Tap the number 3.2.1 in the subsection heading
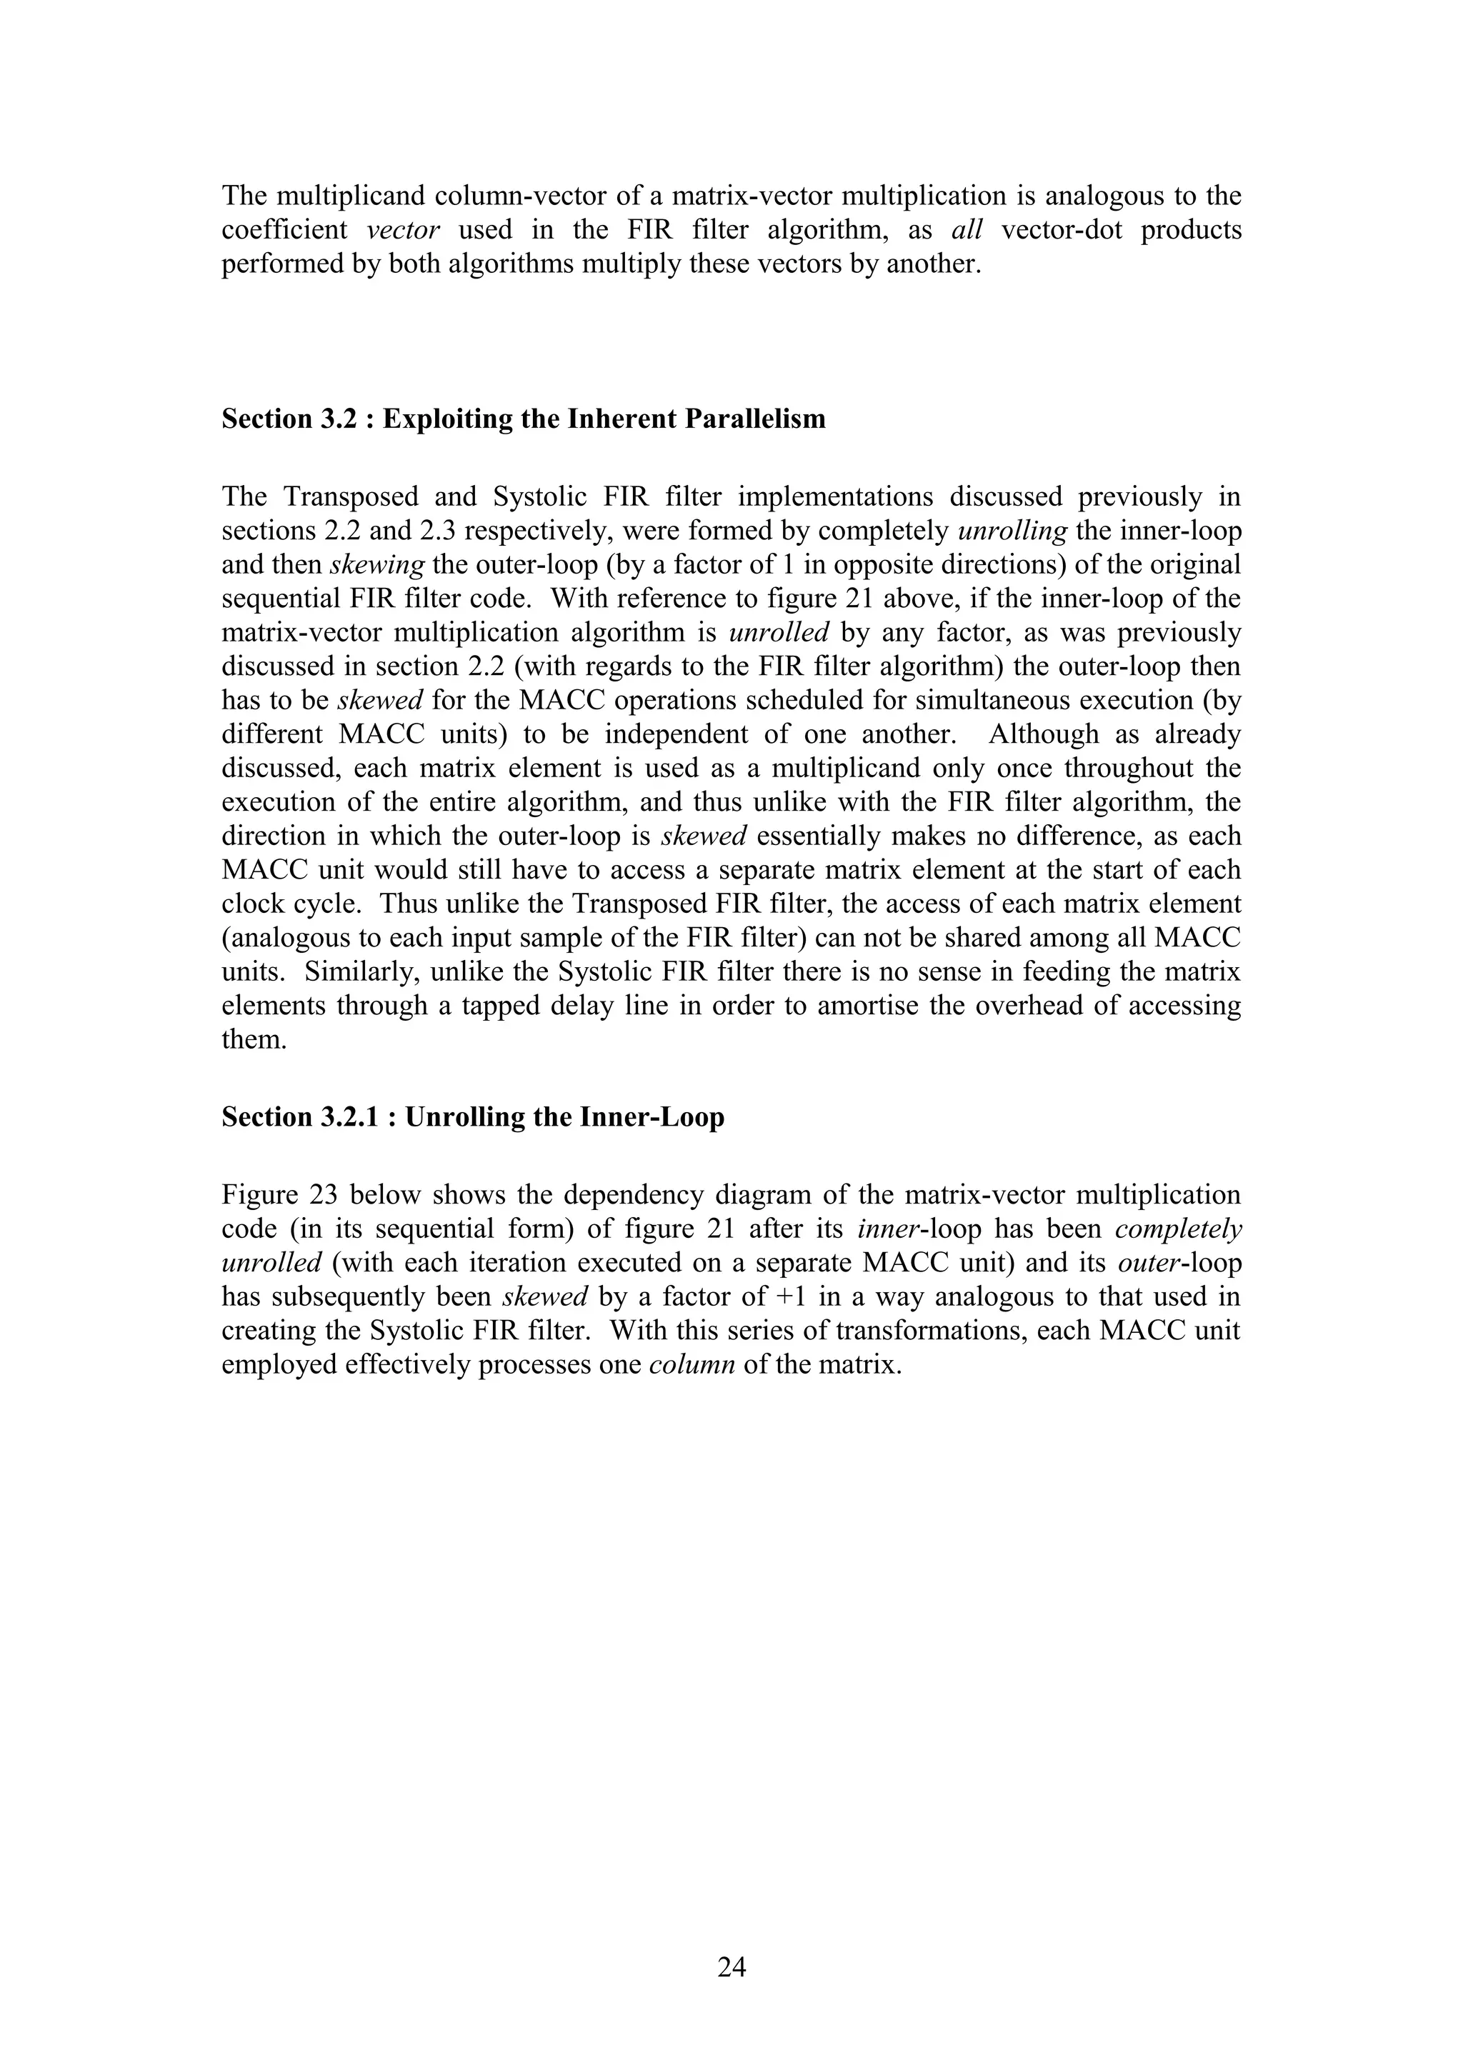(355, 1117)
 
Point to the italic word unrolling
(1012, 531)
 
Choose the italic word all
(967, 230)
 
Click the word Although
(1043, 734)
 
